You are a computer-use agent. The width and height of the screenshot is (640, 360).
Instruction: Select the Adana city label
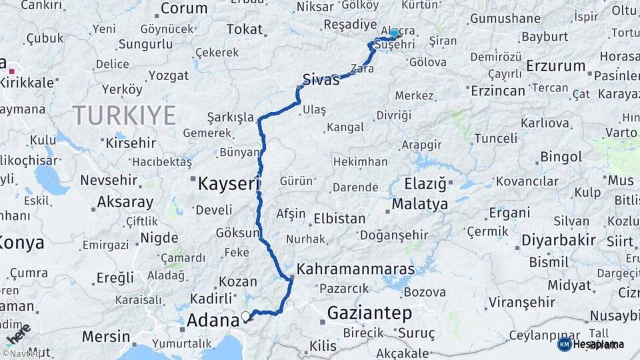(213, 321)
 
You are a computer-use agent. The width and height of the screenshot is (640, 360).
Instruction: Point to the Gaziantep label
(369, 313)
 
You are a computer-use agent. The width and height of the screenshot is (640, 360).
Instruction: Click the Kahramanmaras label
(355, 269)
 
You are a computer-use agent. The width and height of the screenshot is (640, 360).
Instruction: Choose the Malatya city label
(420, 204)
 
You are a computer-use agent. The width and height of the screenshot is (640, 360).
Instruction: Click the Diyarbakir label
(558, 240)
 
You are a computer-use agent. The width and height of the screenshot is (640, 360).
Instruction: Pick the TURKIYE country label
(124, 115)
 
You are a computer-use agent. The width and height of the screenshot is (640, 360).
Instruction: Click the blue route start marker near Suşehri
(394, 33)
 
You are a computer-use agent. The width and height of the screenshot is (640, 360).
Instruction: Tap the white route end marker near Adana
(246, 316)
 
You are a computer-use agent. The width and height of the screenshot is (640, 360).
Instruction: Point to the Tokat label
(244, 29)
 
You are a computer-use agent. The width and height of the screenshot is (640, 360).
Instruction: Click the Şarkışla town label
(231, 117)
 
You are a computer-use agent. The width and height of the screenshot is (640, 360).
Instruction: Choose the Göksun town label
(237, 233)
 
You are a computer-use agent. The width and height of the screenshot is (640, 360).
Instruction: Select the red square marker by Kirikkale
(11, 69)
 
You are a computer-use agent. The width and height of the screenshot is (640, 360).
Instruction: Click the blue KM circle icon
(564, 344)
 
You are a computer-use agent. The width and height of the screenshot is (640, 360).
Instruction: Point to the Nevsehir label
(108, 180)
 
